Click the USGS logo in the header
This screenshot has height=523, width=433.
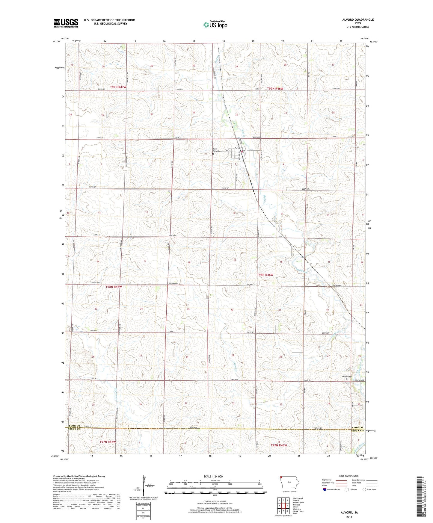[66, 23]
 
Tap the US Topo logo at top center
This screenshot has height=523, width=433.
[215, 25]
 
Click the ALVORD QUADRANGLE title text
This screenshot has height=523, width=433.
[358, 20]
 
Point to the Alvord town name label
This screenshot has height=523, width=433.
[239, 148]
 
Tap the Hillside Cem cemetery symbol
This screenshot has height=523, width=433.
[347, 379]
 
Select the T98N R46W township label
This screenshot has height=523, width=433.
[265, 275]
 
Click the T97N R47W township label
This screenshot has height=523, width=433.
[107, 442]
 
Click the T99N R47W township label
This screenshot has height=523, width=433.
[118, 87]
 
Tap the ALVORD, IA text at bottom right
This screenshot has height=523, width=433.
[349, 513]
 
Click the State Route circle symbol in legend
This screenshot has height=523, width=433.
[364, 489]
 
